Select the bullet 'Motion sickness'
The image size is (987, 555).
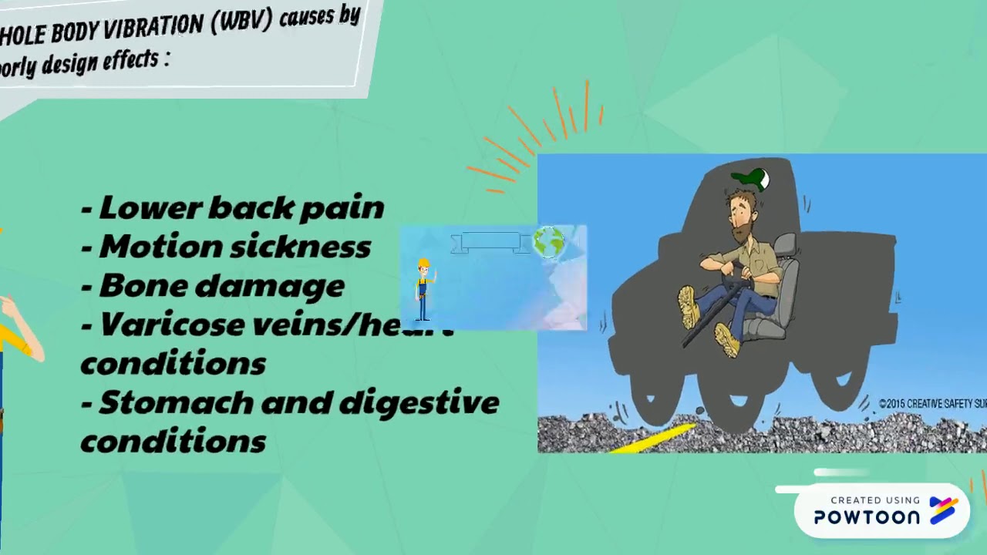pos(227,247)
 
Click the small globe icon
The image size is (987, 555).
pos(548,241)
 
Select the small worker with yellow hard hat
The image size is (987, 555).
pos(423,289)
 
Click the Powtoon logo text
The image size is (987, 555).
pos(867,516)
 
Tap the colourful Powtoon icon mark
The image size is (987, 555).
pos(943,511)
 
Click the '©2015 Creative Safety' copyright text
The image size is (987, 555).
pos(932,403)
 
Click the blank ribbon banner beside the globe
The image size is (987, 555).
pos(490,241)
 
